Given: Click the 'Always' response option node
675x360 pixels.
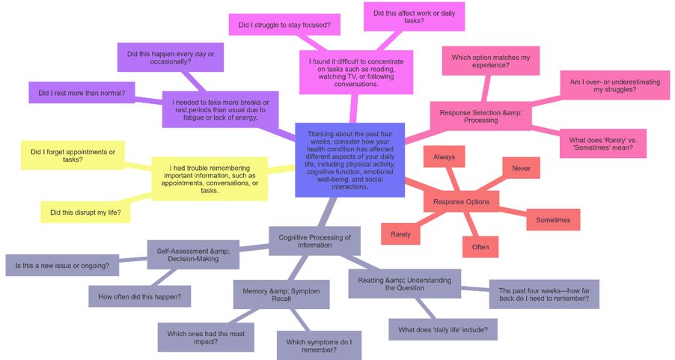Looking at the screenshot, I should (x=444, y=157).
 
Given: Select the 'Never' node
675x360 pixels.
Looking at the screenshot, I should (x=521, y=168).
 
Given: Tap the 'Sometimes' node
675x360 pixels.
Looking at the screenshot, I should (x=552, y=220).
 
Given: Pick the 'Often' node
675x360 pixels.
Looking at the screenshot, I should (x=480, y=247).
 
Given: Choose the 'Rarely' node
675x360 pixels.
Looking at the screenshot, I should (x=400, y=234).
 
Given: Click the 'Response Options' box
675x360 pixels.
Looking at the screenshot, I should (x=461, y=201).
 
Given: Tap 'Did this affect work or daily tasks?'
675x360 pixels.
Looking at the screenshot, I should (x=414, y=17).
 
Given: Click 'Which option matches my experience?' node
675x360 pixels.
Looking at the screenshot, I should (x=490, y=61).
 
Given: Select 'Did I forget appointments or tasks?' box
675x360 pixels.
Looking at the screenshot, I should (x=73, y=156).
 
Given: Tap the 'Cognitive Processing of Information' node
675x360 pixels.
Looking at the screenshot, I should (x=314, y=241).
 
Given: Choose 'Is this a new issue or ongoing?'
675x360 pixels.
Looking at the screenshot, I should (x=62, y=265).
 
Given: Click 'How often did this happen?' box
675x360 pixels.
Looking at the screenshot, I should (x=139, y=296).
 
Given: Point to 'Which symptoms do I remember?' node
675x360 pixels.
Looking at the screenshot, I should (x=319, y=345).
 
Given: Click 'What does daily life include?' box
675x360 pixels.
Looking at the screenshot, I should (x=442, y=329).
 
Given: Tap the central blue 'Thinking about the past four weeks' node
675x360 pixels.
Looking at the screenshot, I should (x=349, y=160).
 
